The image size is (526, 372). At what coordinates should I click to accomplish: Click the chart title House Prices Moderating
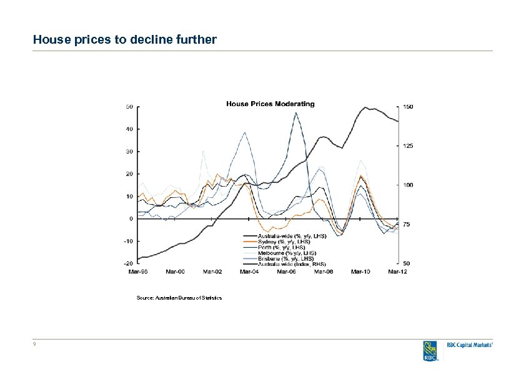point(270,104)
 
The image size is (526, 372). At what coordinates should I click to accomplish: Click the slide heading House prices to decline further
point(125,40)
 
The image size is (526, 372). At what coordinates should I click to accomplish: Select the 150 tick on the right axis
point(407,107)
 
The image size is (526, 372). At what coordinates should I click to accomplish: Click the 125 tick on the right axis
point(407,146)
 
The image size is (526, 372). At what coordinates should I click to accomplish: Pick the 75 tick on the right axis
point(406,224)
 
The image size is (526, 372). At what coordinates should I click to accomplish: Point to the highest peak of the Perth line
point(295,112)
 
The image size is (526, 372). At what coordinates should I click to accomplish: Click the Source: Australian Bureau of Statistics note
point(179,298)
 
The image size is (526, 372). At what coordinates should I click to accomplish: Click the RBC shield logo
point(429,351)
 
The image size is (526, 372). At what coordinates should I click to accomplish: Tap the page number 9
point(35,345)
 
